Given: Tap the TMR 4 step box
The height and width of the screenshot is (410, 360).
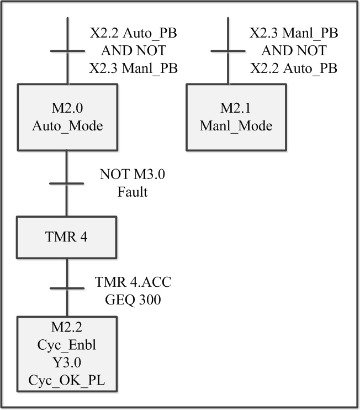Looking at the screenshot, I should coord(67,237).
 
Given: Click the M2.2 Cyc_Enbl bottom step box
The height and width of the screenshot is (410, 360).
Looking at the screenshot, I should coord(67,353).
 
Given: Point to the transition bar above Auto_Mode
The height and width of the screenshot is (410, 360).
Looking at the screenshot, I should coord(67,52).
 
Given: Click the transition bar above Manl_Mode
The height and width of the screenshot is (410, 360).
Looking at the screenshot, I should coord(227,52).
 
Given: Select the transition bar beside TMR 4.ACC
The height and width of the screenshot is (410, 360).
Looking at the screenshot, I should coord(67,288).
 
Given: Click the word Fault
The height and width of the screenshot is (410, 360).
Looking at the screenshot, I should coord(133,193).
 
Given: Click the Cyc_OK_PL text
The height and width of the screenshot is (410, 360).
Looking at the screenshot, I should coord(67,382).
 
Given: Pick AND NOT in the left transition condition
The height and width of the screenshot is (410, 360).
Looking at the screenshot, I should coord(133,51).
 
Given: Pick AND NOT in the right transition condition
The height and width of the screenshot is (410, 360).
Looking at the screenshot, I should coord(294,51).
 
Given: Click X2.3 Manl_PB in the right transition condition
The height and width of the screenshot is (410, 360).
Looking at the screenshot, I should coord(294,34).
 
